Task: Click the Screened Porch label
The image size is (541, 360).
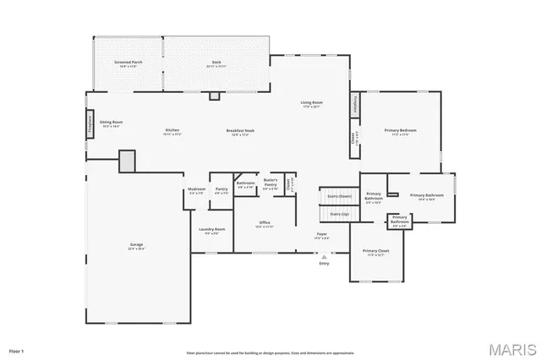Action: click(x=128, y=63)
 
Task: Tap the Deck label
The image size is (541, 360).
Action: click(x=216, y=63)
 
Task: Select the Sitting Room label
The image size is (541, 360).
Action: click(x=111, y=123)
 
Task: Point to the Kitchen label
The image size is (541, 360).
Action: click(x=172, y=131)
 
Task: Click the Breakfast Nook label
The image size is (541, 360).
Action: click(x=241, y=131)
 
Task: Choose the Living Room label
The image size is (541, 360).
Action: click(x=311, y=104)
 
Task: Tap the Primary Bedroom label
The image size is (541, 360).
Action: click(x=400, y=131)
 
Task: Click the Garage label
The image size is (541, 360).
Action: click(x=136, y=247)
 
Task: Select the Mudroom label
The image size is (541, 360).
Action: click(x=197, y=190)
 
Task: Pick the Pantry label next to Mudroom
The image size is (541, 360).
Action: click(x=221, y=190)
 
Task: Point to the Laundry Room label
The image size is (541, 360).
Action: click(x=212, y=231)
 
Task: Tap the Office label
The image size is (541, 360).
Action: click(x=265, y=224)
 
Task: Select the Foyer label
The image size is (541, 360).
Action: click(x=322, y=236)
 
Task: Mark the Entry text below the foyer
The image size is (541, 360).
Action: click(x=324, y=263)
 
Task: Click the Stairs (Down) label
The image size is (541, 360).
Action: click(x=339, y=196)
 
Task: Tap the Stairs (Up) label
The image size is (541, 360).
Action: click(x=339, y=215)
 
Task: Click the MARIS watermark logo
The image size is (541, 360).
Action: click(x=510, y=347)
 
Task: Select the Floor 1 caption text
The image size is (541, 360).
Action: click(x=17, y=350)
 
